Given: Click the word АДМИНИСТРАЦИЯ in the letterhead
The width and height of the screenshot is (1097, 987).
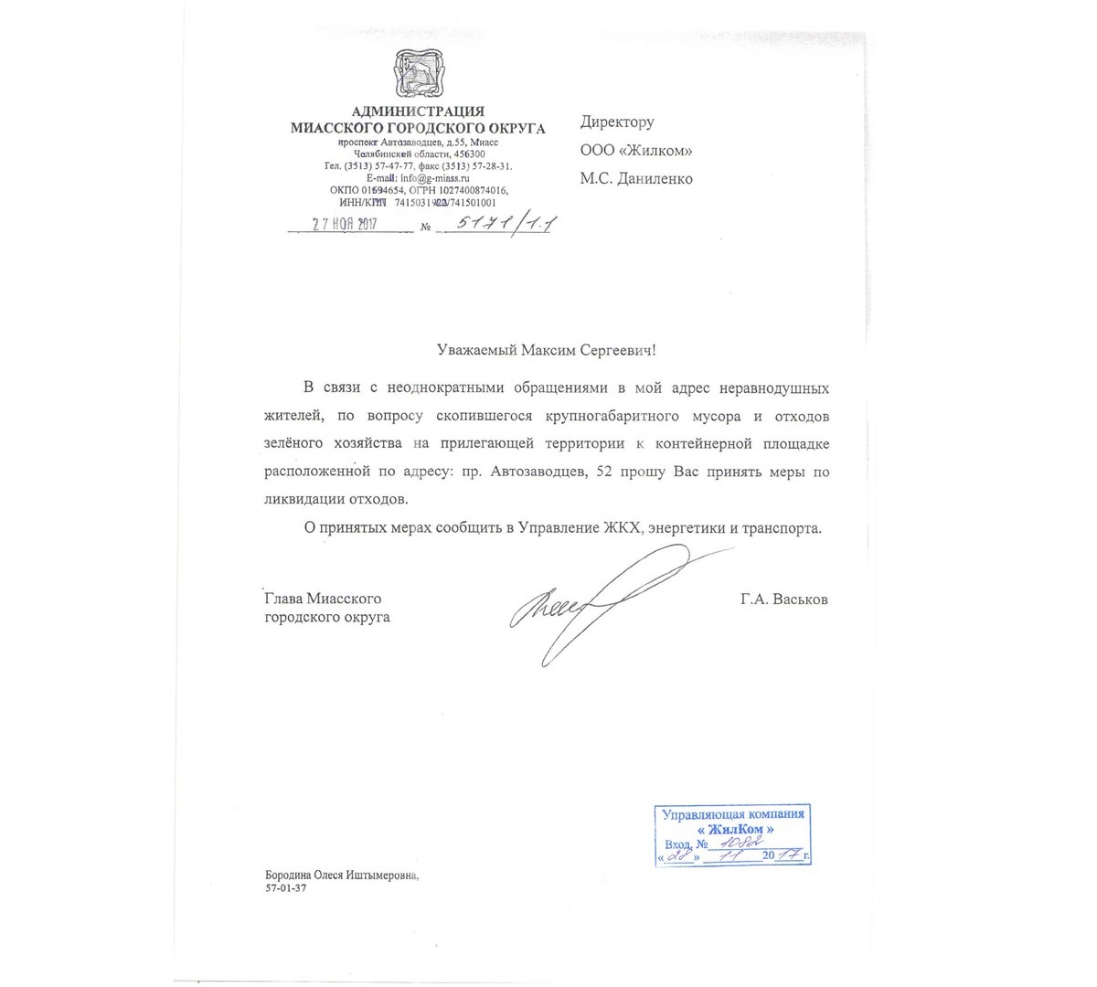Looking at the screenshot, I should coord(418,112).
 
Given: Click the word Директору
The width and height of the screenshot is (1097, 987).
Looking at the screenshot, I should coord(617,122).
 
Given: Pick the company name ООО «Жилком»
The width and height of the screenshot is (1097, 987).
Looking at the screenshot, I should coord(635,151).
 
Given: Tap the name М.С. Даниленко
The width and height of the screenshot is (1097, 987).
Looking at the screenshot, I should coord(635,179).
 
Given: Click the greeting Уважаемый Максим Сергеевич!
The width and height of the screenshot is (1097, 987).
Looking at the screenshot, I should coord(547,349).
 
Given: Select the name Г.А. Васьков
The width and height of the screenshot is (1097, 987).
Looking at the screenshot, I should coord(784,600).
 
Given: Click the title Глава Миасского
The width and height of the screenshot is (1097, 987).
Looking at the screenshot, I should coord(323,599).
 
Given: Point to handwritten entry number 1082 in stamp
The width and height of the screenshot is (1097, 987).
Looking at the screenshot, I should coord(739,844).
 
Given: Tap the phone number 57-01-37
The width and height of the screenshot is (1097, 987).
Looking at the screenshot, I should coord(285,887).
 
